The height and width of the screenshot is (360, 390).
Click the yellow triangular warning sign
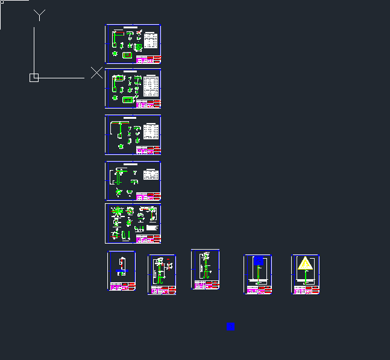[306, 264]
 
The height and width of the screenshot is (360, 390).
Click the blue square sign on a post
[259, 262]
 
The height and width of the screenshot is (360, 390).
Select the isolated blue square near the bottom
[230, 326]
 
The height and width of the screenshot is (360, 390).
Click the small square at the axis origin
[34, 77]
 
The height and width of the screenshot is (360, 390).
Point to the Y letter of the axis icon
[39, 15]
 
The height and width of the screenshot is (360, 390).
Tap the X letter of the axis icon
[96, 72]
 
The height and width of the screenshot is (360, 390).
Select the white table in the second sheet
[151, 86]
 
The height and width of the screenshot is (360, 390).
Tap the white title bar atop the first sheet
[130, 28]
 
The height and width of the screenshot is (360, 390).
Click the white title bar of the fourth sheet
[130, 164]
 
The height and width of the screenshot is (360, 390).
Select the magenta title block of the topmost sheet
[148, 59]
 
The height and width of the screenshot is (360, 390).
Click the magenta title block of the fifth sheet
[148, 239]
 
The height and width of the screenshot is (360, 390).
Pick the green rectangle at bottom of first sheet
[127, 55]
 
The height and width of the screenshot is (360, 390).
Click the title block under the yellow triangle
[306, 289]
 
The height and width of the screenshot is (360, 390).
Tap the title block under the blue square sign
[258, 289]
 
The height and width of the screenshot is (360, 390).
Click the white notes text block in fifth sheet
[152, 228]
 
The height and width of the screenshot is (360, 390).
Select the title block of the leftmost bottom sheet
[121, 286]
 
